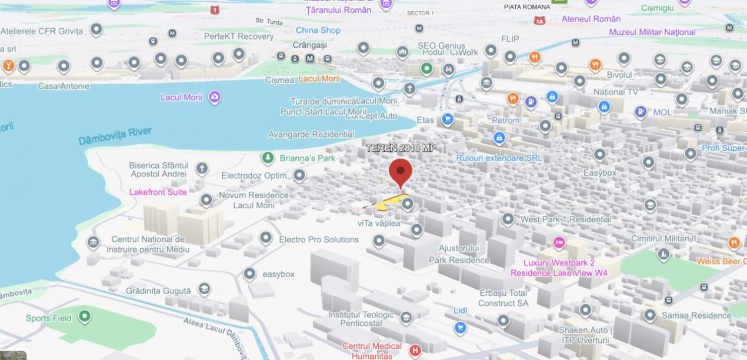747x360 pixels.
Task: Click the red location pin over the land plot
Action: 401,172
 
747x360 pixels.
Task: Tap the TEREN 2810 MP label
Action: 401,148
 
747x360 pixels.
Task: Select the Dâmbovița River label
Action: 115,136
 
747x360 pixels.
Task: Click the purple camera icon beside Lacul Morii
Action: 215,97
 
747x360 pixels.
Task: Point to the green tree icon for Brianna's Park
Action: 268,158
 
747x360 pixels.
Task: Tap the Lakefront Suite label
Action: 158,192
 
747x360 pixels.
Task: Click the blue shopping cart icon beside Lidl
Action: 460,327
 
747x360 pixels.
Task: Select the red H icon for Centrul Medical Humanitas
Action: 415,351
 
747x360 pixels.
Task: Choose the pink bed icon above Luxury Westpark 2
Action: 559,242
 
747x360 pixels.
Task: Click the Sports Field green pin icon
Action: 85,317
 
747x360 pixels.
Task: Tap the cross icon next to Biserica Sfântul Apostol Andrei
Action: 202,169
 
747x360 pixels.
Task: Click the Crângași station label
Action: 309,45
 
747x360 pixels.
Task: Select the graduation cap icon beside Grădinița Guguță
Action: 204,289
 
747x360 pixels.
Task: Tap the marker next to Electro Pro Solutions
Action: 266,237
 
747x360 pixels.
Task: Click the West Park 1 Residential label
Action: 566,219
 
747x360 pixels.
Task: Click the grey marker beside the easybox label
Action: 250,274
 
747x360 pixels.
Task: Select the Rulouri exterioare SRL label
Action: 499,158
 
